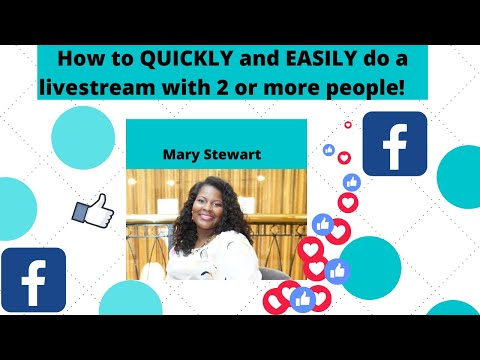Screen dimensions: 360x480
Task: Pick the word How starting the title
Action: pyautogui.click(x=78, y=58)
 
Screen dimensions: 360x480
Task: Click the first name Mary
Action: pyautogui.click(x=182, y=155)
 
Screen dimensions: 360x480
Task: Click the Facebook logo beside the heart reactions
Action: pyautogui.click(x=394, y=143)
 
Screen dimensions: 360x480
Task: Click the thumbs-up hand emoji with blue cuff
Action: pyautogui.click(x=92, y=209)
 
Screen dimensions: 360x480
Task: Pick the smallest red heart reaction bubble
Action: pyautogui.click(x=348, y=126)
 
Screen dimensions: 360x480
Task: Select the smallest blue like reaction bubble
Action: pyautogui.click(x=328, y=150)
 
